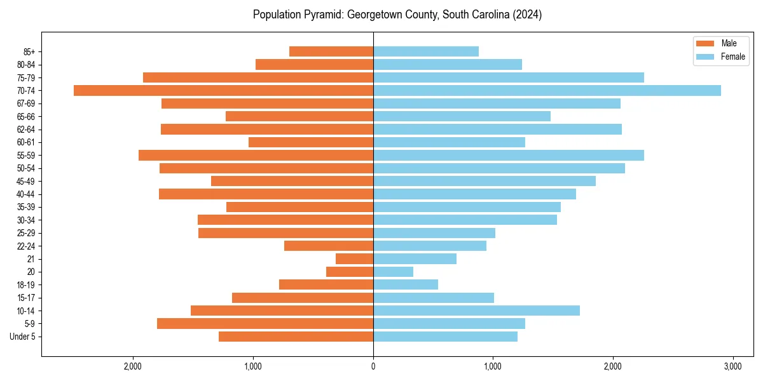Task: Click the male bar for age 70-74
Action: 223,91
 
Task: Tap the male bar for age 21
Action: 354,259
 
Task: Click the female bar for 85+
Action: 425,51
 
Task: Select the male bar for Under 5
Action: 296,337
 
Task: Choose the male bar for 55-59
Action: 256,156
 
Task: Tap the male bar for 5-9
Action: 265,324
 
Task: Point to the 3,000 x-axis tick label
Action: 732,366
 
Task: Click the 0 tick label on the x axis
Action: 373,366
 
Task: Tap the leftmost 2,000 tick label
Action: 133,366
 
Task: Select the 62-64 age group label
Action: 25,130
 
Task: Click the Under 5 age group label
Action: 22,337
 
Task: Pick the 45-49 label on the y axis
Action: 25,182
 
